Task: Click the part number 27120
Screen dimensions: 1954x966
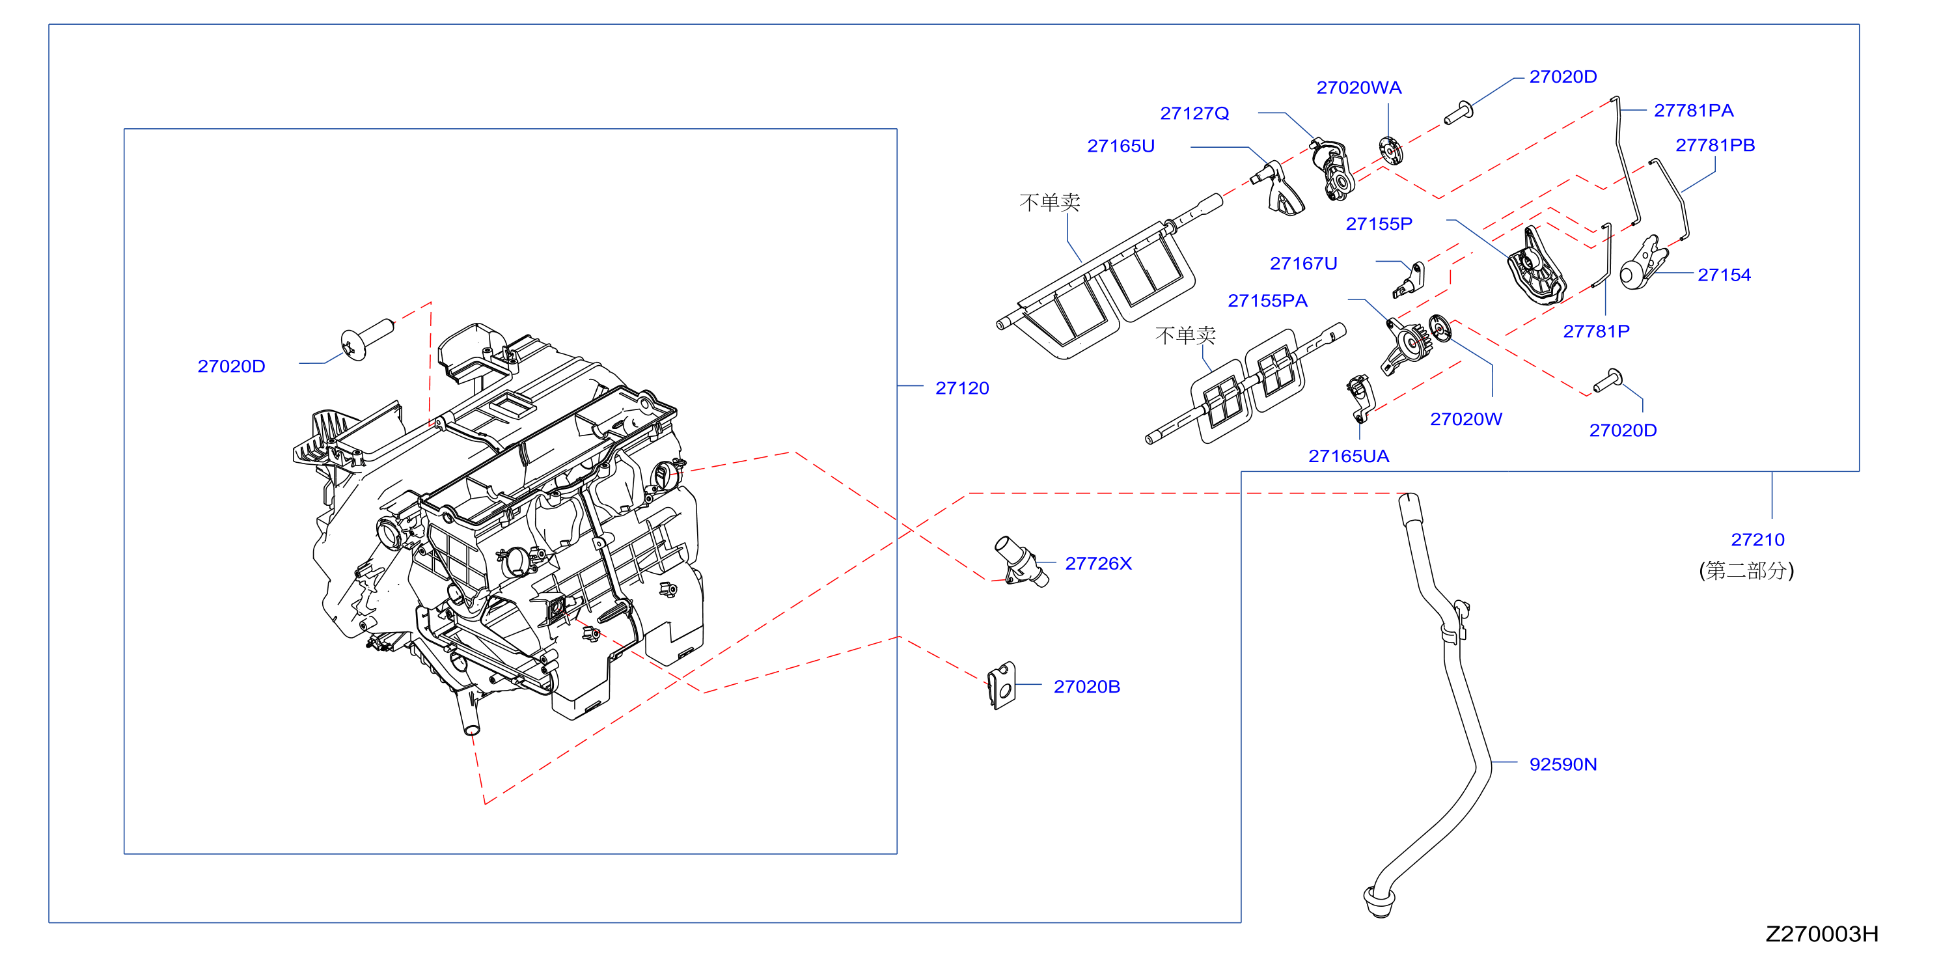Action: (x=962, y=389)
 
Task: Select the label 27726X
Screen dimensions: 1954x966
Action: (x=1097, y=564)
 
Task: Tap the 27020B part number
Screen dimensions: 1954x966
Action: (x=1086, y=687)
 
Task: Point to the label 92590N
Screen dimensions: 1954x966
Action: (x=1563, y=764)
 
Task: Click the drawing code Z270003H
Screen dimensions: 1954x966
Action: (x=1822, y=934)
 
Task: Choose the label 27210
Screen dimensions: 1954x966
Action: (x=1757, y=540)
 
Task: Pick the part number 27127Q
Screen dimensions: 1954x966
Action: (x=1194, y=113)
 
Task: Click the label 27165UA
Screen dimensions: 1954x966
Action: (x=1349, y=456)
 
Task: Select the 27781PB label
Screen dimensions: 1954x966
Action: (x=1715, y=145)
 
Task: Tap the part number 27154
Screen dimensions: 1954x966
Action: (x=1724, y=275)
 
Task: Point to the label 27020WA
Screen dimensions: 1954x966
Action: (x=1358, y=88)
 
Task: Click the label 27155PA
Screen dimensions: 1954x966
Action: (x=1267, y=301)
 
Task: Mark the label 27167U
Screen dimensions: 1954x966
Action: (x=1303, y=264)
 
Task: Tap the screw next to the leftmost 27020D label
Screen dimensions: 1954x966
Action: (x=367, y=338)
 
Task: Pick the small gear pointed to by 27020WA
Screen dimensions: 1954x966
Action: (x=1390, y=150)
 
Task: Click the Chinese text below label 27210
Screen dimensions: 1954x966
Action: (x=1746, y=571)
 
